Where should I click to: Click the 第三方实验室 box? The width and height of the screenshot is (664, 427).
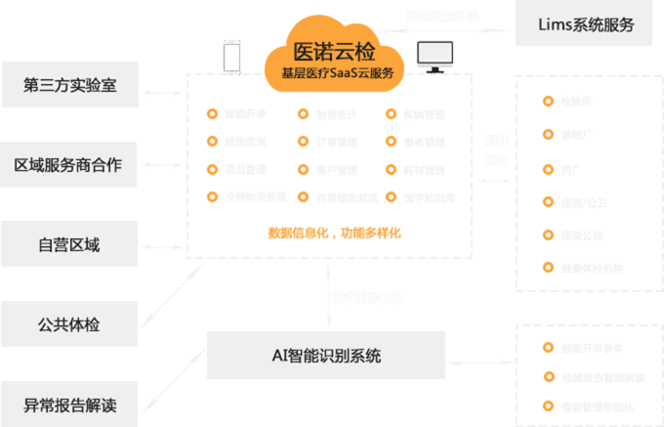pyautogui.click(x=69, y=85)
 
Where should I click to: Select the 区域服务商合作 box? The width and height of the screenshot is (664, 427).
pyautogui.click(x=69, y=164)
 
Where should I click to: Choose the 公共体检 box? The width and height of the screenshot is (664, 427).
pyautogui.click(x=69, y=323)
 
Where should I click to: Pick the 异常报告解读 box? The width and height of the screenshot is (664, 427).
pyautogui.click(x=69, y=404)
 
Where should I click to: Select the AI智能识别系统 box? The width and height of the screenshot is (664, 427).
pyautogui.click(x=326, y=355)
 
